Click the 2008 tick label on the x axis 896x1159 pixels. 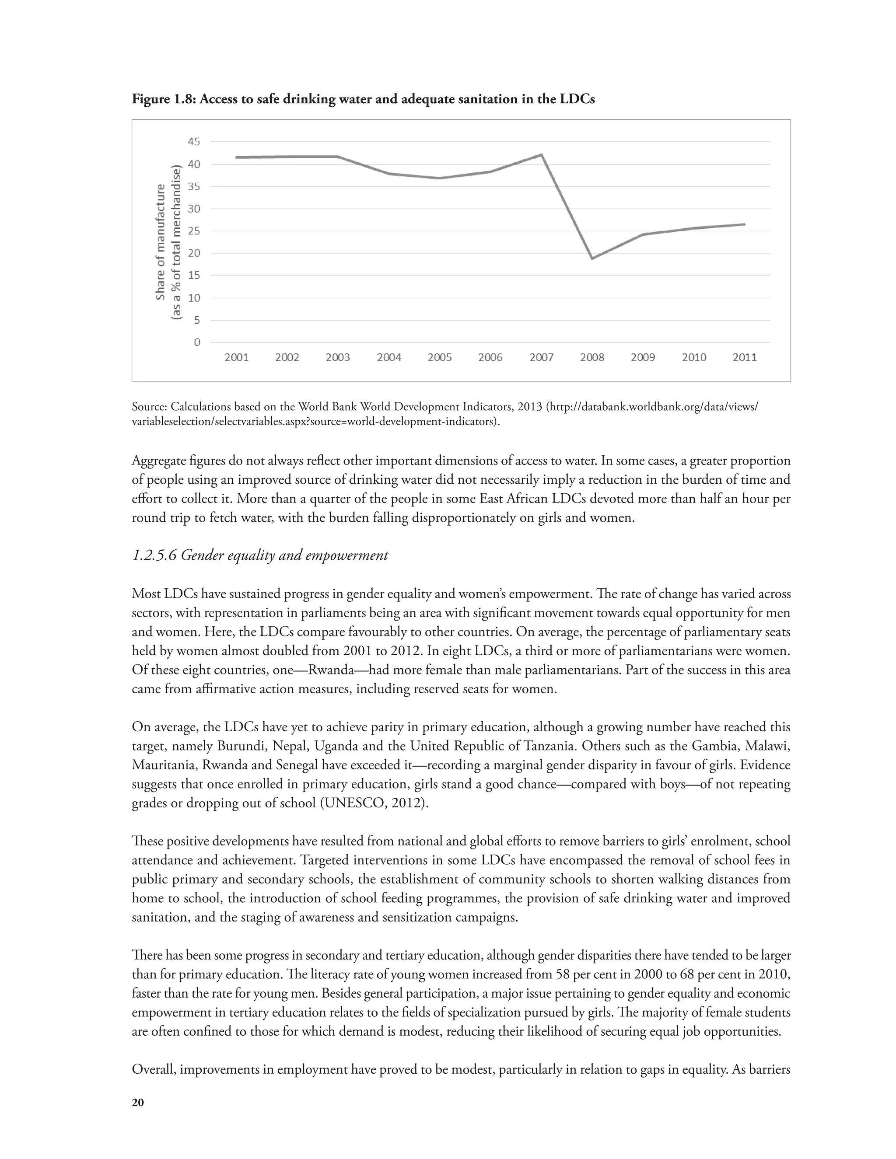[x=592, y=358]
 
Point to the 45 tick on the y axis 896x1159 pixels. [x=194, y=142]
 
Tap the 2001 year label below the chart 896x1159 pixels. [x=236, y=358]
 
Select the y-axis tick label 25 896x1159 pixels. [x=194, y=231]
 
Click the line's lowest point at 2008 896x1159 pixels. [x=592, y=258]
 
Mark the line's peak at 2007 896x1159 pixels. [x=541, y=155]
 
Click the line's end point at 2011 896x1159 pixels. [x=744, y=224]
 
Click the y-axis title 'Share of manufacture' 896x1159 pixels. [x=160, y=242]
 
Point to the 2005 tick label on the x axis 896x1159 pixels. [x=440, y=358]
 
